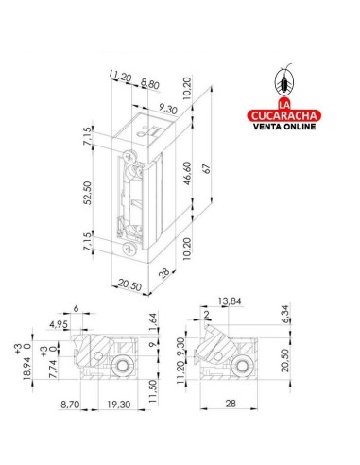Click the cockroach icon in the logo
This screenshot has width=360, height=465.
pyautogui.click(x=284, y=80)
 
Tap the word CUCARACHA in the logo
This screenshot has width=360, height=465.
pyautogui.click(x=283, y=115)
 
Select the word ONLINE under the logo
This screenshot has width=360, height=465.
pyautogui.click(x=300, y=127)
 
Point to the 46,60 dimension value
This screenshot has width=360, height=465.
pyautogui.click(x=187, y=173)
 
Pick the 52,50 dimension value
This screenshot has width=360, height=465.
pyautogui.click(x=88, y=193)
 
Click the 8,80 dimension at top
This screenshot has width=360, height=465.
pyautogui.click(x=150, y=84)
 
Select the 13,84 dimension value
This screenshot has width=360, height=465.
pyautogui.click(x=230, y=301)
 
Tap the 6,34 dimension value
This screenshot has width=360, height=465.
pyautogui.click(x=285, y=314)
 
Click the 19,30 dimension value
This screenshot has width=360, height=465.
pyautogui.click(x=118, y=405)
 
